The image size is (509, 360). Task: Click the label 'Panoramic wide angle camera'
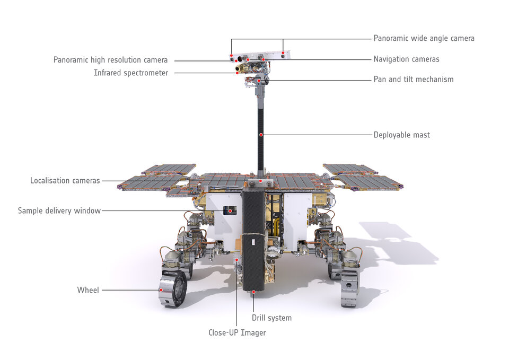click(x=424, y=38)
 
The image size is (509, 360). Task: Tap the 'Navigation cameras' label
click(x=406, y=59)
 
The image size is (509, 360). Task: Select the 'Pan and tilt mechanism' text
click(x=414, y=80)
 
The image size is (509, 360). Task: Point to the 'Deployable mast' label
click(x=401, y=135)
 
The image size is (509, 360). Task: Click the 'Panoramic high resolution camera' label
click(x=110, y=60)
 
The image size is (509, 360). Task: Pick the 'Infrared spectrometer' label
click(x=131, y=73)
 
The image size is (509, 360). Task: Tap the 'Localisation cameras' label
click(x=65, y=181)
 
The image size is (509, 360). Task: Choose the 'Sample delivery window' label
click(x=59, y=211)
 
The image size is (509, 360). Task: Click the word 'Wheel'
click(x=88, y=290)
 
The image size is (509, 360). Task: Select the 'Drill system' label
click(x=271, y=318)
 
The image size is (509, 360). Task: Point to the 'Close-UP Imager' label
click(x=237, y=333)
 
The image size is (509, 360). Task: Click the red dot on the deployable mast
click(x=261, y=135)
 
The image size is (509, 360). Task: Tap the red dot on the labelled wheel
click(x=161, y=290)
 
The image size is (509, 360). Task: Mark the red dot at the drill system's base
click(x=253, y=292)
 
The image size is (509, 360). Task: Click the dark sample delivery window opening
click(x=230, y=210)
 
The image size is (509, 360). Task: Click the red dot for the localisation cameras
click(x=260, y=181)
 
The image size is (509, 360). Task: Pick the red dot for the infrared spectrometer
click(x=237, y=73)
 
